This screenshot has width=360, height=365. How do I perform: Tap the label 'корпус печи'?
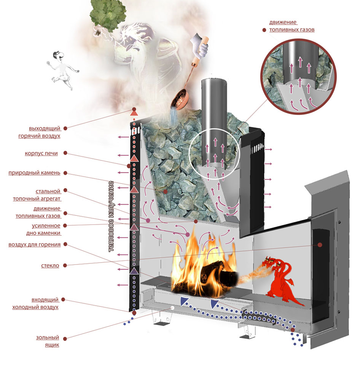coord(41,153)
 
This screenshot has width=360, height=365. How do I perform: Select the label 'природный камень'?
coord(35,173)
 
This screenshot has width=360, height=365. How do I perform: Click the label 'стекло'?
coord(50,266)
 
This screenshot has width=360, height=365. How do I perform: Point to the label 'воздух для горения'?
coord(35,245)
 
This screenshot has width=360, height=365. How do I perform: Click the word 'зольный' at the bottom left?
coord(48,338)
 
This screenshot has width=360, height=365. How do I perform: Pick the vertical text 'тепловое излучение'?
coord(112,217)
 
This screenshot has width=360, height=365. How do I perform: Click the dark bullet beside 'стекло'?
coord(65,265)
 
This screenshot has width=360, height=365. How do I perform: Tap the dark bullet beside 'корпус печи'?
coord(65,153)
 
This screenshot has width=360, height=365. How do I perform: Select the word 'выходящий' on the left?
coord(45,129)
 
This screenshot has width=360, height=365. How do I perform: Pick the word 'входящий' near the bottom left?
coord(45,300)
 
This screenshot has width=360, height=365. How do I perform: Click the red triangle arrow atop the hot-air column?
coord(134,113)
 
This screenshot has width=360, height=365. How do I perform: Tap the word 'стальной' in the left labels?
coord(48,191)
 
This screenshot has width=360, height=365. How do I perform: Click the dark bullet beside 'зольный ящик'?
coord(65,339)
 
